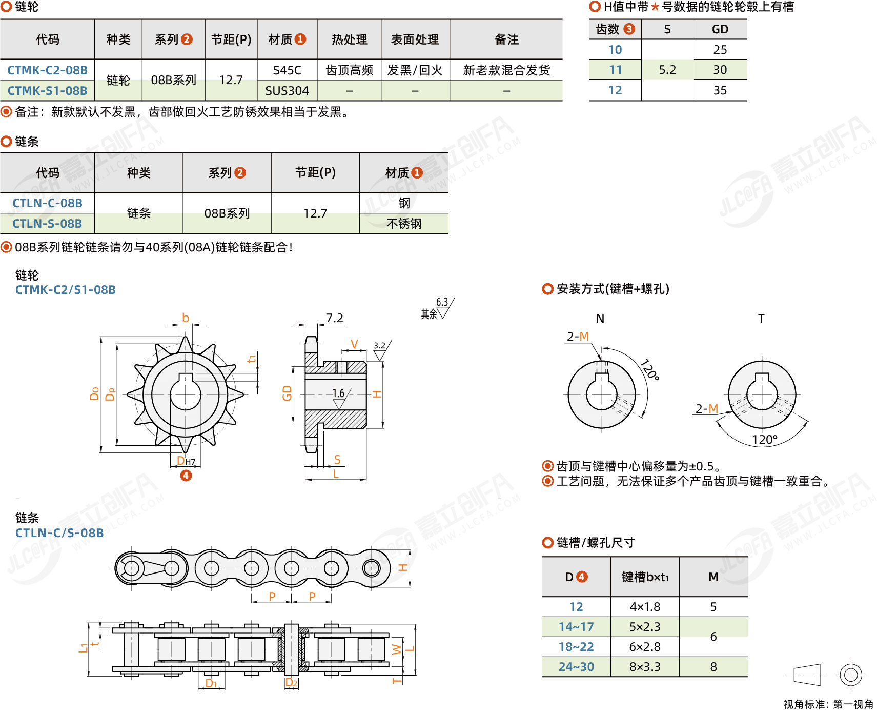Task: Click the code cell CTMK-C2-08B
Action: click(x=47, y=70)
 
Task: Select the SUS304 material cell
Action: click(x=287, y=91)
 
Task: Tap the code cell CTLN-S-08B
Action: click(x=47, y=224)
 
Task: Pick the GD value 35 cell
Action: click(x=720, y=90)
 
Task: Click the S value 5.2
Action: click(x=667, y=70)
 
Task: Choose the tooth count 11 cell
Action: click(x=615, y=70)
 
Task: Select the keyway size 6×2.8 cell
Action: click(x=645, y=647)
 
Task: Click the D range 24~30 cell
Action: click(x=576, y=667)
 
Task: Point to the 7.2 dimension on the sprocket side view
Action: click(x=334, y=318)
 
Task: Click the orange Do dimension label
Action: click(x=94, y=393)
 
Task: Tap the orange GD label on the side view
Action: click(x=287, y=393)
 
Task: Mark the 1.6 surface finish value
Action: click(x=338, y=393)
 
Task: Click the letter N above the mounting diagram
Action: click(x=600, y=319)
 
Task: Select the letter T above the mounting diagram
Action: click(x=761, y=319)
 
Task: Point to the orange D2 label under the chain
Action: click(x=291, y=682)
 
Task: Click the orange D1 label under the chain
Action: click(x=211, y=683)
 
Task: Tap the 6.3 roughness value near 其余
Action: click(x=442, y=302)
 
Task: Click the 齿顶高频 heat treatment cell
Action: click(x=350, y=70)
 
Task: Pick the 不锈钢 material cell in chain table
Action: click(x=404, y=224)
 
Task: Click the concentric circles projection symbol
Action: click(x=851, y=675)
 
